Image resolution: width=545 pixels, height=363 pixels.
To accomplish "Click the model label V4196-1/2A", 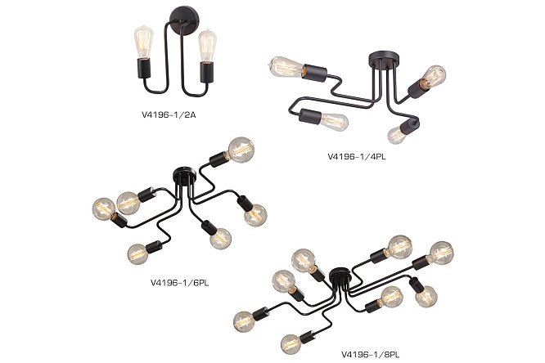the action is coord(169,114).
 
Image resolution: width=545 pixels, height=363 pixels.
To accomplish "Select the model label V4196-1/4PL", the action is coord(357,157).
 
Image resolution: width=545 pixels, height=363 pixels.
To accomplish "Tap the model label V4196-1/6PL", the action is coord(180,283).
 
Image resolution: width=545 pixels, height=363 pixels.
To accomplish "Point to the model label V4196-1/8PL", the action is coord(371,355).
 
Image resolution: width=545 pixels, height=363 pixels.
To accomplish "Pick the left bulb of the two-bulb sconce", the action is coord(143,43).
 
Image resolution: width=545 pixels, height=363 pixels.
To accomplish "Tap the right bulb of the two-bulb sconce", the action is coord(207,47).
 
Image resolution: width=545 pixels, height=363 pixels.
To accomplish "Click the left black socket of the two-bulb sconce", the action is coord(143,68).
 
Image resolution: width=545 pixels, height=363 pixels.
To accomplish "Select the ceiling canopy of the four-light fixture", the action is coord(381,59).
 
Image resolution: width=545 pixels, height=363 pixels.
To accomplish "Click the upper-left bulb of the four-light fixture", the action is coord(286,67).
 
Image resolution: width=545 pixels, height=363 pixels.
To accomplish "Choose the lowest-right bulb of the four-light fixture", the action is coord(396,135).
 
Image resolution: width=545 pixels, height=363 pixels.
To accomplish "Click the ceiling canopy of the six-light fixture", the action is coord(184,173).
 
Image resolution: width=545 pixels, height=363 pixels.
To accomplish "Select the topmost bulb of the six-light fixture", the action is coord(241,150).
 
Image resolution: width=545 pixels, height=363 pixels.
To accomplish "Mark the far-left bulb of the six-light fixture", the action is coord(104,208).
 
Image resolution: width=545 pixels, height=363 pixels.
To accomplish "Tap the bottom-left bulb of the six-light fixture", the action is coord(138,253).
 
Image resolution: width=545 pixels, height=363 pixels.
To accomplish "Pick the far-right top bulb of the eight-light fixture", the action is coord(441,253).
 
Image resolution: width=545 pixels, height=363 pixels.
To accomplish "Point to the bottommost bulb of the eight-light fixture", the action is coord(291,344).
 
